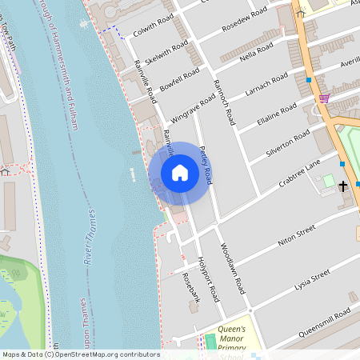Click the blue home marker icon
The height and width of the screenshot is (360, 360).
(180, 173)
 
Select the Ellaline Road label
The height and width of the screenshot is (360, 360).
(277, 112)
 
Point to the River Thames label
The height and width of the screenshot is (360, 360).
(95, 237)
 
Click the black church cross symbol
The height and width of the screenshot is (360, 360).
(343, 186)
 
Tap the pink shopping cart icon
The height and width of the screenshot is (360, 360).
(324, 98)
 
